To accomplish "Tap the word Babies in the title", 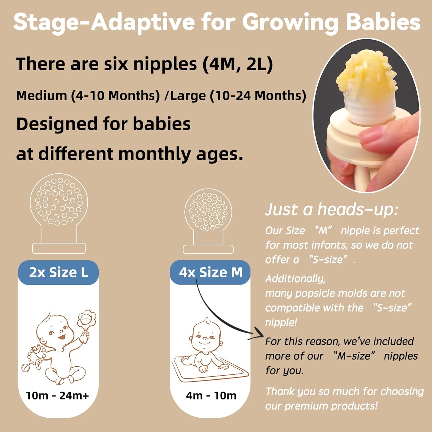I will coord(383,22).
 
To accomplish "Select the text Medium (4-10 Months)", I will coord(88,96).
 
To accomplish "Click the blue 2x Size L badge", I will coord(58,272).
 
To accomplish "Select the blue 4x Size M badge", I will coord(211,272).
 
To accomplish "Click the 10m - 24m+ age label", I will coord(57,396).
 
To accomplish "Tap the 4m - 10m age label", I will coord(211,396).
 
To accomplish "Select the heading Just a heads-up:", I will coord(331,209).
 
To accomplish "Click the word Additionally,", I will coord(295,278).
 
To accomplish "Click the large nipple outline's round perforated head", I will coord(59,202).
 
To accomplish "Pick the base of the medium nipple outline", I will coord(208,249).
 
